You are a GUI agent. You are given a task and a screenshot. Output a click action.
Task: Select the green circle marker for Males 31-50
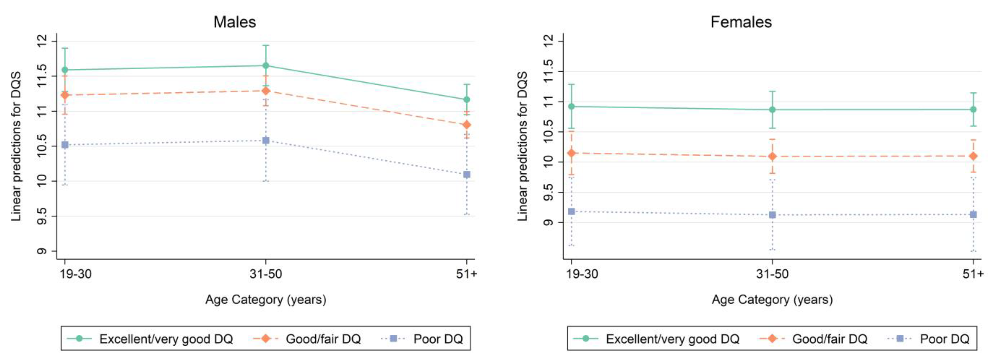(x=266, y=65)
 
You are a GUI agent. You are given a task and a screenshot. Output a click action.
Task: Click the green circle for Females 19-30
(x=571, y=106)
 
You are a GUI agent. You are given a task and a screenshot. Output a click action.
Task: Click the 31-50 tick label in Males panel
(x=266, y=274)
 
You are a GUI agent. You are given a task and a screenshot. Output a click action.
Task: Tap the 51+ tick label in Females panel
(x=973, y=274)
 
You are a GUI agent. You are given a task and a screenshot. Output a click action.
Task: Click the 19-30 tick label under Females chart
(x=582, y=274)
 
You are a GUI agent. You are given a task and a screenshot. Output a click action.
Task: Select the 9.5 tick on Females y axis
(x=549, y=192)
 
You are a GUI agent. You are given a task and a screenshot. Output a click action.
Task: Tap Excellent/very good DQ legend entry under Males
(x=150, y=339)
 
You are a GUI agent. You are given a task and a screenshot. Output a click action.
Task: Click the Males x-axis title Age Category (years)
(x=266, y=300)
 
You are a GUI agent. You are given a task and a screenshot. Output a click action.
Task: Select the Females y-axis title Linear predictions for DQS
(x=522, y=146)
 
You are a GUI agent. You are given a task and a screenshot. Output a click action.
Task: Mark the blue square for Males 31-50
(x=266, y=141)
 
